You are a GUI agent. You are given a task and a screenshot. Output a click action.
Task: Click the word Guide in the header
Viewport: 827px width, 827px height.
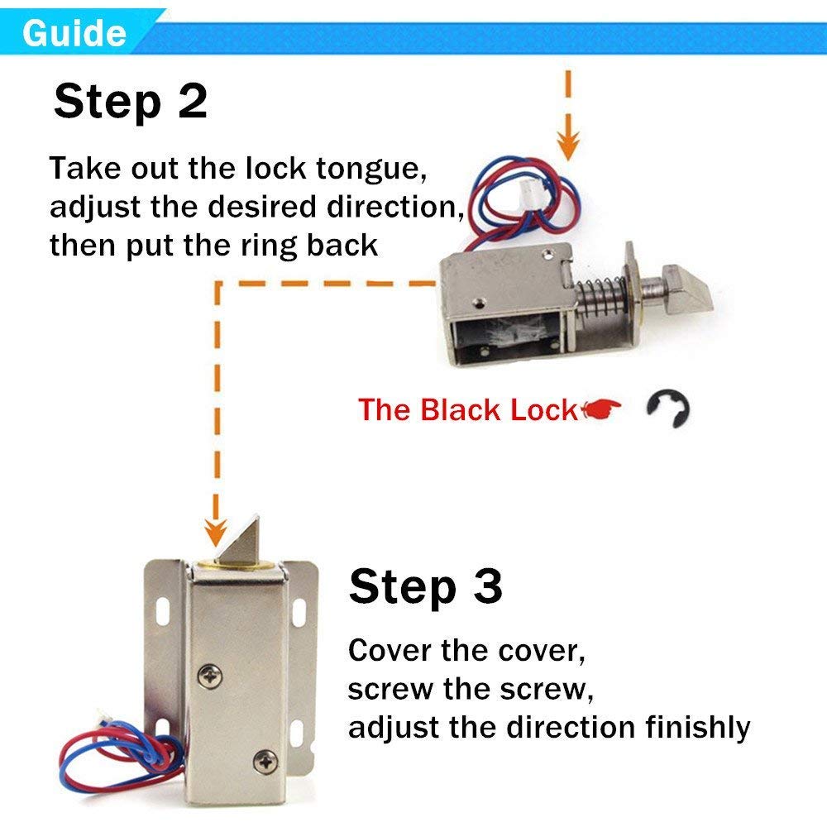coord(74,33)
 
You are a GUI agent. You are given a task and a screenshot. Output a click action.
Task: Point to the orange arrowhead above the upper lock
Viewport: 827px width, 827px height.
coord(566,147)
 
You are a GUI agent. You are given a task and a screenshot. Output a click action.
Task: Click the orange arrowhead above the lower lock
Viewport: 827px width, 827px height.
coord(218,528)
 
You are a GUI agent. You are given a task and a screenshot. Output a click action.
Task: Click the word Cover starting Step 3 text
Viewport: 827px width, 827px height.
coord(390,650)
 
